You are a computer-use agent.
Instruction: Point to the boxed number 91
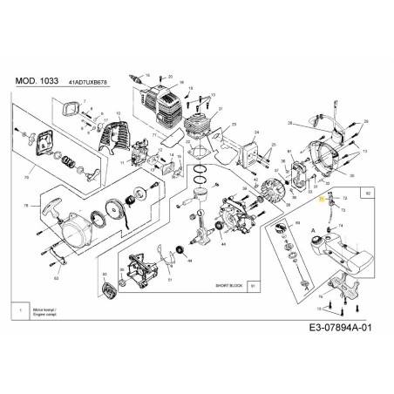253,284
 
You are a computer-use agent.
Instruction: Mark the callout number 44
222,245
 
